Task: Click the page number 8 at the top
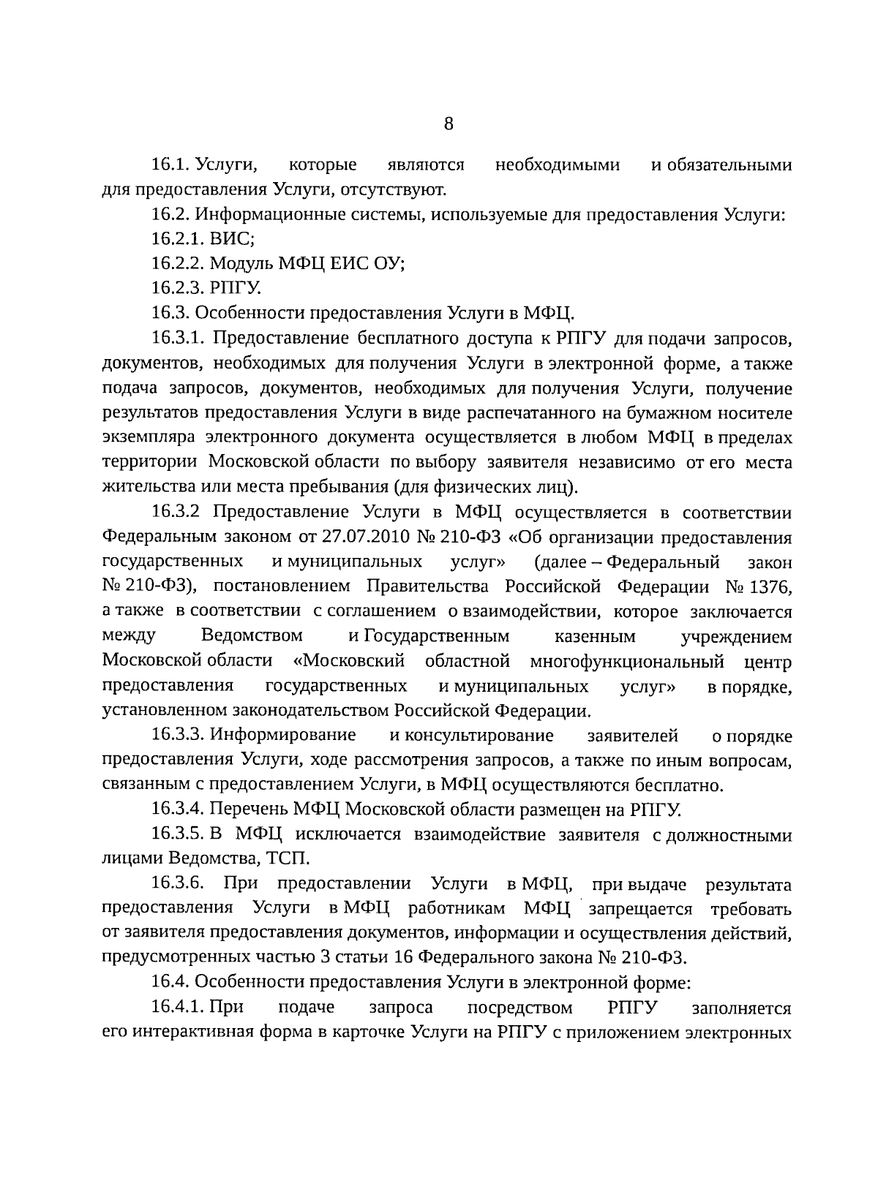point(449,124)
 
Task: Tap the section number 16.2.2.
point(178,263)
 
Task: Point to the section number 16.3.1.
point(178,339)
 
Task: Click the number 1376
point(768,587)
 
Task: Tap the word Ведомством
point(252,636)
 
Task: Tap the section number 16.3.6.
point(177,884)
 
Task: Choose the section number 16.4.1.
point(178,1008)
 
